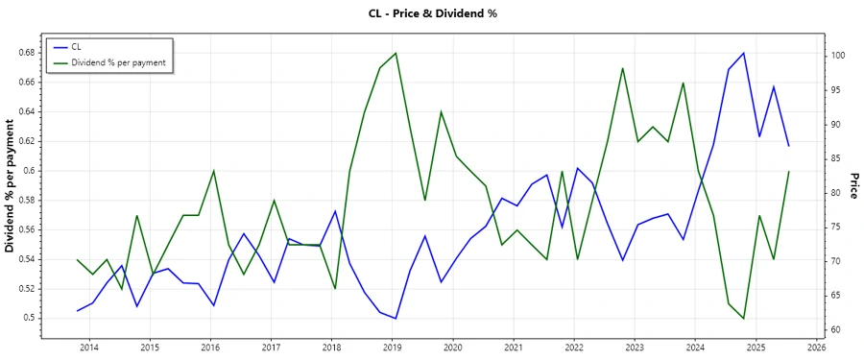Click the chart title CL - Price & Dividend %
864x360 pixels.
tap(432, 13)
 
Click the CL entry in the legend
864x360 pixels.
tap(77, 46)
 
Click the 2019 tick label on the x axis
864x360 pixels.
tap(392, 347)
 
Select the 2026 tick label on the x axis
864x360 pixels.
tap(816, 347)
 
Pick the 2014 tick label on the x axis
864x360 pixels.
tap(89, 347)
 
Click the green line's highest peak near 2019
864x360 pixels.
tap(396, 53)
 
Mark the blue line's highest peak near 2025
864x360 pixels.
tap(743, 53)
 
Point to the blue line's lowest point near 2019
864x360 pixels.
tap(396, 319)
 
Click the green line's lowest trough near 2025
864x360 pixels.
tap(743, 319)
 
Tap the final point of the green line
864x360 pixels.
tap(788, 171)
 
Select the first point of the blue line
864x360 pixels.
tap(78, 311)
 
